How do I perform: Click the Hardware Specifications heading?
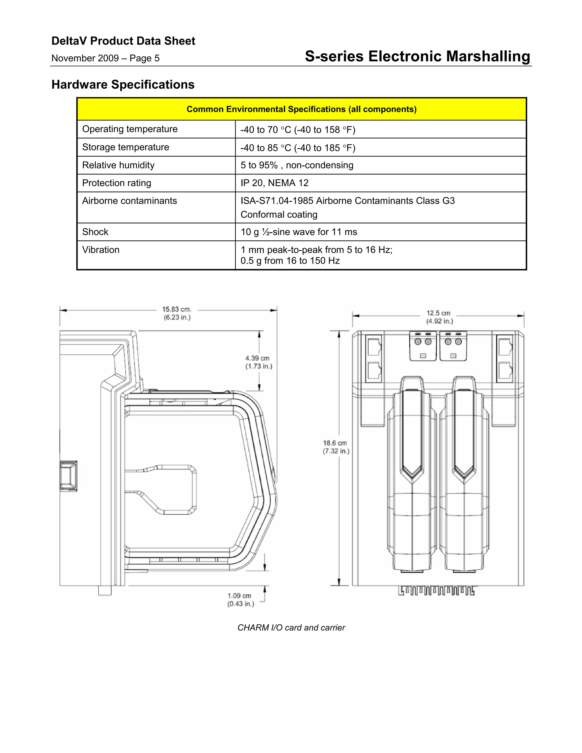point(123,84)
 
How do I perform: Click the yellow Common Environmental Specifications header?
point(301,109)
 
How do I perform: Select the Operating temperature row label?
point(130,129)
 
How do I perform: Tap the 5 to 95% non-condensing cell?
point(297,165)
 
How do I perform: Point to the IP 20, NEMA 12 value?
point(275,183)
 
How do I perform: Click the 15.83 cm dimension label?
point(177,313)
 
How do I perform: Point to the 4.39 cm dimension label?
point(259,362)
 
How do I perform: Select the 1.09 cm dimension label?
point(240,600)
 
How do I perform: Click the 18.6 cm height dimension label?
point(336,447)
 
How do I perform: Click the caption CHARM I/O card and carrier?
point(291,627)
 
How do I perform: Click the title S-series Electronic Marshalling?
point(417,56)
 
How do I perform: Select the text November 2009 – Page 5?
point(105,58)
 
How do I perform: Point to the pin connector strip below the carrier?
point(436,591)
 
